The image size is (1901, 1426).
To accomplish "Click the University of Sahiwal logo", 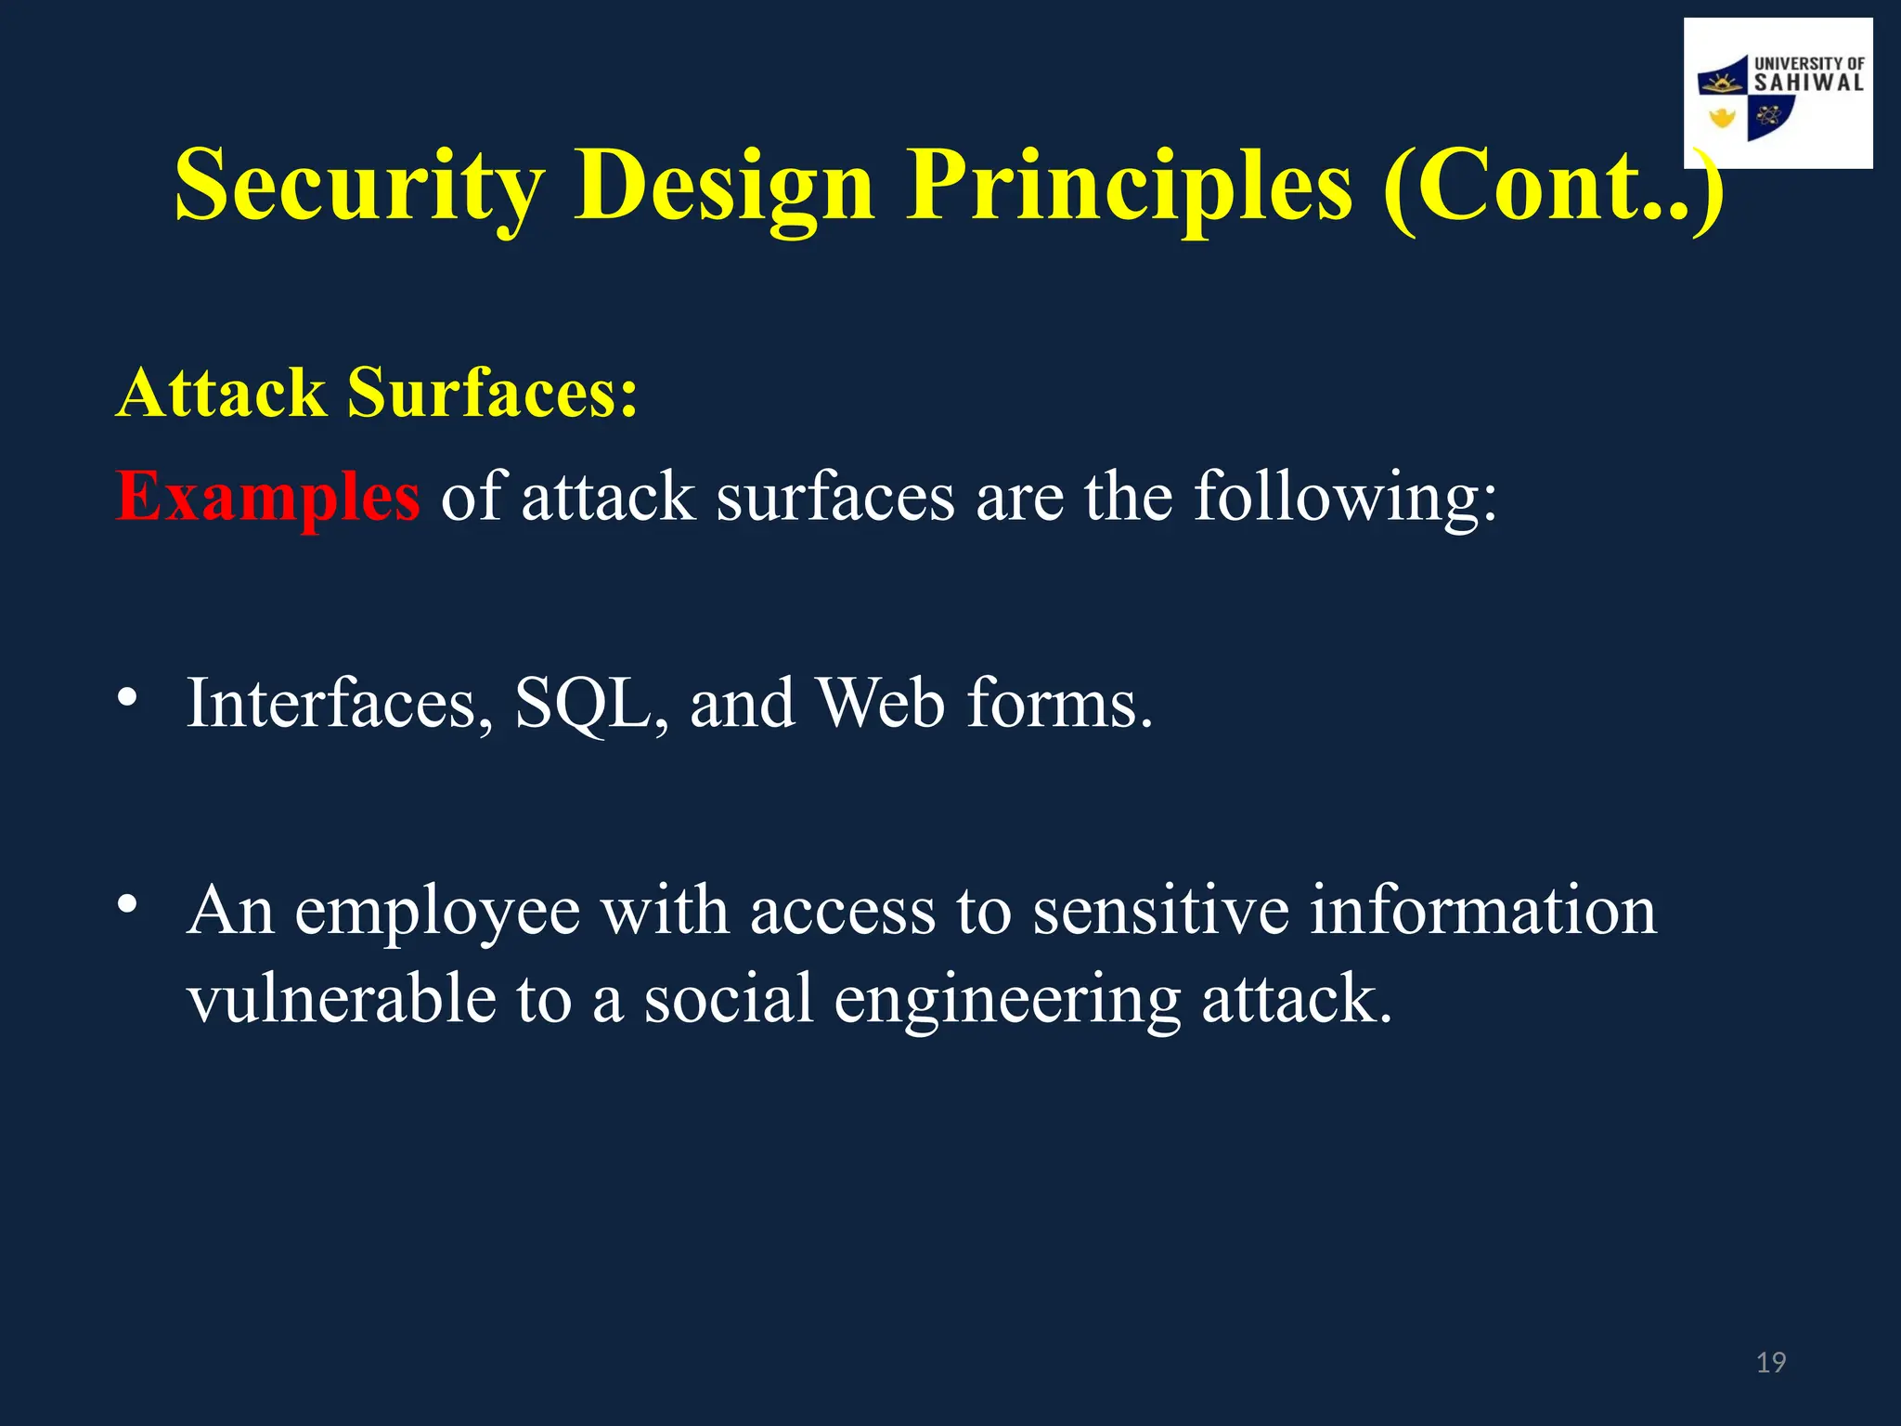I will pos(1778,93).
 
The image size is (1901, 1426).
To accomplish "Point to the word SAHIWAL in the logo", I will pos(1808,84).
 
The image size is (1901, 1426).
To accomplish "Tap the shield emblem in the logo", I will pos(1745,102).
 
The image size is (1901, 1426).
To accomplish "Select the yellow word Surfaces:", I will pos(493,393).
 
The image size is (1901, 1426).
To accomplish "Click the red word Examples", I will pos(268,497).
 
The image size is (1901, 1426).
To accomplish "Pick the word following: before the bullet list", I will pos(1345,497).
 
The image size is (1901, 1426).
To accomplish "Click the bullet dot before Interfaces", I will pos(128,696).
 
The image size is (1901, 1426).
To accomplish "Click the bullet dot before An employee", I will pos(128,903).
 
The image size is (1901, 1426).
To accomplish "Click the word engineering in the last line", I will pos(1007,1001).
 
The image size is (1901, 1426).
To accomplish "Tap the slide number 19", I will pos(1771,1362).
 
